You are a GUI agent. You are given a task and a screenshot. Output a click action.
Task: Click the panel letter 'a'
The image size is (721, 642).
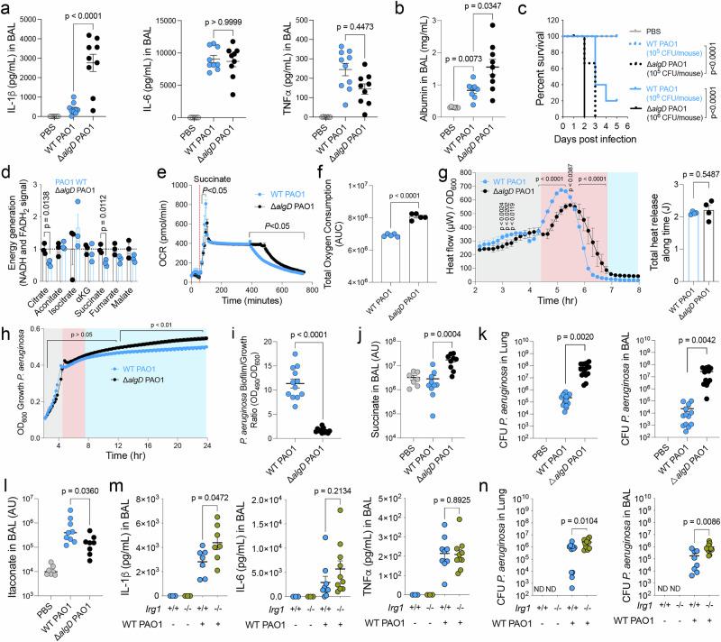7,7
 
